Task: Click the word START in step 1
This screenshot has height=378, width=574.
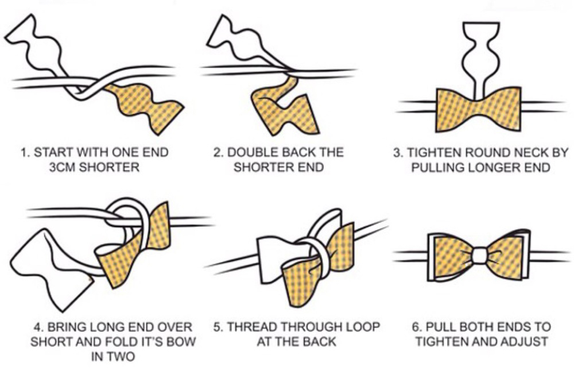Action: pyautogui.click(x=54, y=152)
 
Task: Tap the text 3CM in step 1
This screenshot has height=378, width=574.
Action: pyautogui.click(x=62, y=167)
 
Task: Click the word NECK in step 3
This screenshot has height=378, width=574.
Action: pyautogui.click(x=530, y=152)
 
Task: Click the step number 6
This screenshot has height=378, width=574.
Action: pyautogui.click(x=416, y=326)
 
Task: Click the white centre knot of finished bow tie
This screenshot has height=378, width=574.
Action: pyautogui.click(x=479, y=256)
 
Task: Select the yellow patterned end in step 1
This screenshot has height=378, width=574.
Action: pyautogui.click(x=143, y=106)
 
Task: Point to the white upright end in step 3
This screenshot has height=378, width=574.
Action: pyautogui.click(x=481, y=59)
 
